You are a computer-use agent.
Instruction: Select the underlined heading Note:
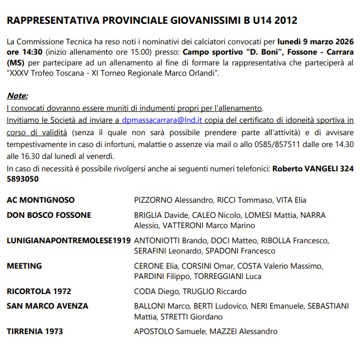tap(17, 96)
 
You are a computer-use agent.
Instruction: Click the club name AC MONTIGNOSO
tap(41, 200)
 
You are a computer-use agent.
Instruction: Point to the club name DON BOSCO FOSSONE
tap(49, 215)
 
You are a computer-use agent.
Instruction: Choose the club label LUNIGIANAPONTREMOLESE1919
tap(68, 241)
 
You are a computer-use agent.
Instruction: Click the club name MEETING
tap(24, 266)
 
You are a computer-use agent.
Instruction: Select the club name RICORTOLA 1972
tap(38, 291)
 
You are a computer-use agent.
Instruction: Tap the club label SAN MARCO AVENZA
tap(47, 306)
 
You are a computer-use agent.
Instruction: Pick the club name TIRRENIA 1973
tap(35, 331)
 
